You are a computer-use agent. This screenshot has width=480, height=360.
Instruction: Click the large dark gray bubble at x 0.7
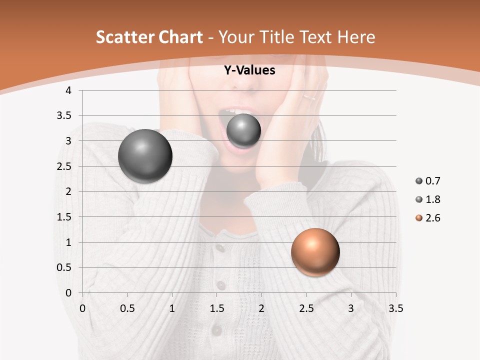point(145,156)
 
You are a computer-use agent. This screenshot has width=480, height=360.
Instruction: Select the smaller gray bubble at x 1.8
point(243,131)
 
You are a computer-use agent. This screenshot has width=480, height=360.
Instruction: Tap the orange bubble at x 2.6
point(315,252)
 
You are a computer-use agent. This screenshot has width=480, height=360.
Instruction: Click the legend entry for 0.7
point(428,181)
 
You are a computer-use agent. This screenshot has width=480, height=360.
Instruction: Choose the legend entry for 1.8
point(428,199)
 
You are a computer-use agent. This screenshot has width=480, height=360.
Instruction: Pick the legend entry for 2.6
point(428,218)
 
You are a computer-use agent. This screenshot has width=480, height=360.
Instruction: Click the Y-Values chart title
point(249,70)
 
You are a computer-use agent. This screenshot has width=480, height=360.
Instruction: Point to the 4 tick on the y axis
point(68,90)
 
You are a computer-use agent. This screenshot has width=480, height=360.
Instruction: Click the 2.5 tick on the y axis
point(63,166)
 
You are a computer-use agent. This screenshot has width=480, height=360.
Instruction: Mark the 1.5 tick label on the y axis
point(63,217)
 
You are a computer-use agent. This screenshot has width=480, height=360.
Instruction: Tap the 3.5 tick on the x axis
point(395,308)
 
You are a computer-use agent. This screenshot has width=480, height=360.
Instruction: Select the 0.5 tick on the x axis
point(127,308)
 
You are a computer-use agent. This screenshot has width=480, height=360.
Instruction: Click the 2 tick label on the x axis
point(261,308)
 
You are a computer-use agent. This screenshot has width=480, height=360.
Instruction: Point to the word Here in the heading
point(356,37)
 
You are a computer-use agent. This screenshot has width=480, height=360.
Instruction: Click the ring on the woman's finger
point(309,96)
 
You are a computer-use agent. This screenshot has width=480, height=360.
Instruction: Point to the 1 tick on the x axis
point(172,308)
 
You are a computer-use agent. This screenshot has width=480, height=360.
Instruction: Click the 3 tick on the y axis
point(68,141)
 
